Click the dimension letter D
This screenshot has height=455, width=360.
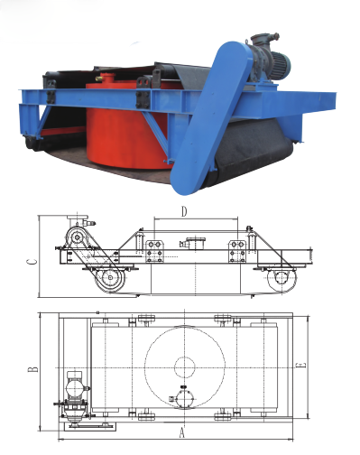pos(184,212)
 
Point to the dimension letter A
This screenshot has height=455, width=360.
pos(181,433)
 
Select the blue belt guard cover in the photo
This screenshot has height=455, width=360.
pos(209,117)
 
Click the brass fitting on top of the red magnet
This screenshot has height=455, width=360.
pos(99,79)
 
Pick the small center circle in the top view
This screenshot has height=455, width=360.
pos(185,367)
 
